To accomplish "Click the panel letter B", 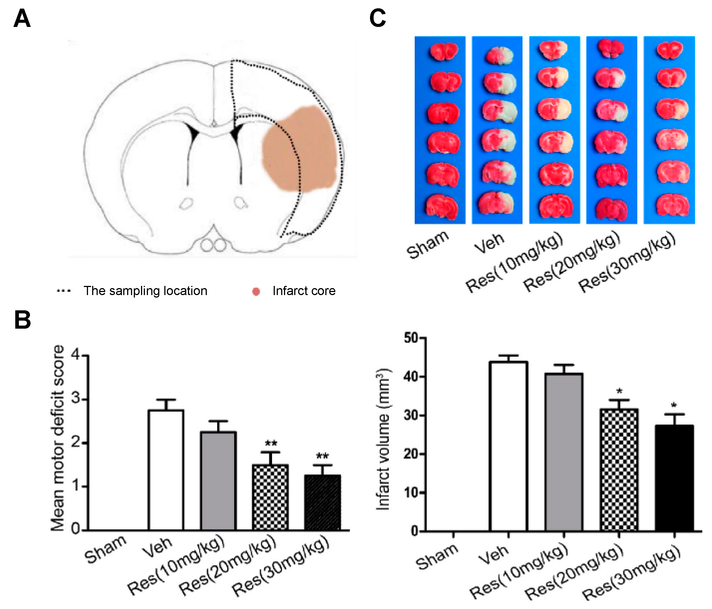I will click(x=23, y=320).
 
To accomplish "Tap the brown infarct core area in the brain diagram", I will click(x=299, y=150).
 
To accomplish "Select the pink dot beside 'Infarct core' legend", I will click(x=256, y=291).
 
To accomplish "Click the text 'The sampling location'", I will click(x=145, y=291).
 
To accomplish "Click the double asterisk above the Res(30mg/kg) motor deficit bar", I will click(x=322, y=456).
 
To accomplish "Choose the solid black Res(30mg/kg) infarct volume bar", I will click(x=674, y=478).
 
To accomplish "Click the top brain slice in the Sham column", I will click(x=444, y=52).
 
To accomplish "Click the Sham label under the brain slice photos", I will click(x=428, y=245).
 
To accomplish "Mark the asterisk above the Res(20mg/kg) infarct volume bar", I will click(x=619, y=391).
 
